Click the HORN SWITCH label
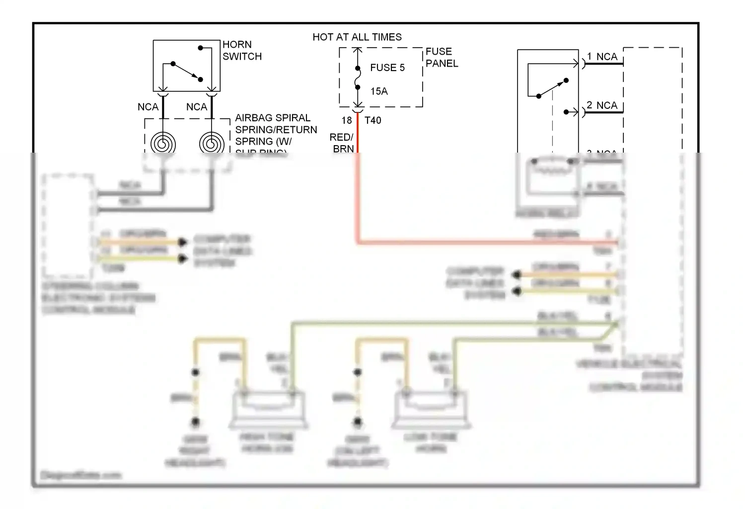tap(241, 50)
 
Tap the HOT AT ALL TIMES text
tap(357, 37)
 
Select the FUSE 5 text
tap(387, 68)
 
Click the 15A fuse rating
tap(378, 91)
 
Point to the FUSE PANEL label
tap(441, 57)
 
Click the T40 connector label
tap(372, 120)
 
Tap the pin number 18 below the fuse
tap(346, 120)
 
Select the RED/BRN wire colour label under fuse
tap(342, 143)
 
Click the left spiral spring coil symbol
tap(163, 144)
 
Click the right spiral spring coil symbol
tap(212, 144)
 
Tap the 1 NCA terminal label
tap(602, 57)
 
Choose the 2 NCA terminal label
tap(602, 105)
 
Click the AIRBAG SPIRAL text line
tap(272, 118)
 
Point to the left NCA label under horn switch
tap(148, 107)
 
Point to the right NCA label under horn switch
tap(196, 107)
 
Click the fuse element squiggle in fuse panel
tap(358, 78)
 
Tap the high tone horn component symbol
tap(267, 409)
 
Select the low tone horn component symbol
tap(430, 409)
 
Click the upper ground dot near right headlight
tap(196, 372)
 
